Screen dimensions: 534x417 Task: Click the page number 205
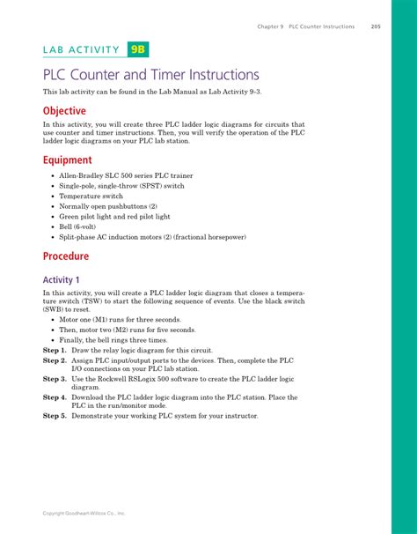tap(375, 26)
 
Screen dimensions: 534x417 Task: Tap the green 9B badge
tap(142, 49)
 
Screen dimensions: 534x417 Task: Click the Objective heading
tap(65, 111)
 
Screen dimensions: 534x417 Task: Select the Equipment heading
tap(68, 160)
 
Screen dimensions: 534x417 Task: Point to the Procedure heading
tap(66, 256)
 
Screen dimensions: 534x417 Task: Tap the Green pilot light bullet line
tap(114, 216)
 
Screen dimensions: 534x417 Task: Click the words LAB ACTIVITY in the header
tap(80, 50)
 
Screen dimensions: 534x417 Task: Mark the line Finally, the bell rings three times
tap(121, 339)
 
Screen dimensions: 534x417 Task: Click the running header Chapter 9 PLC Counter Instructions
tap(306, 26)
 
